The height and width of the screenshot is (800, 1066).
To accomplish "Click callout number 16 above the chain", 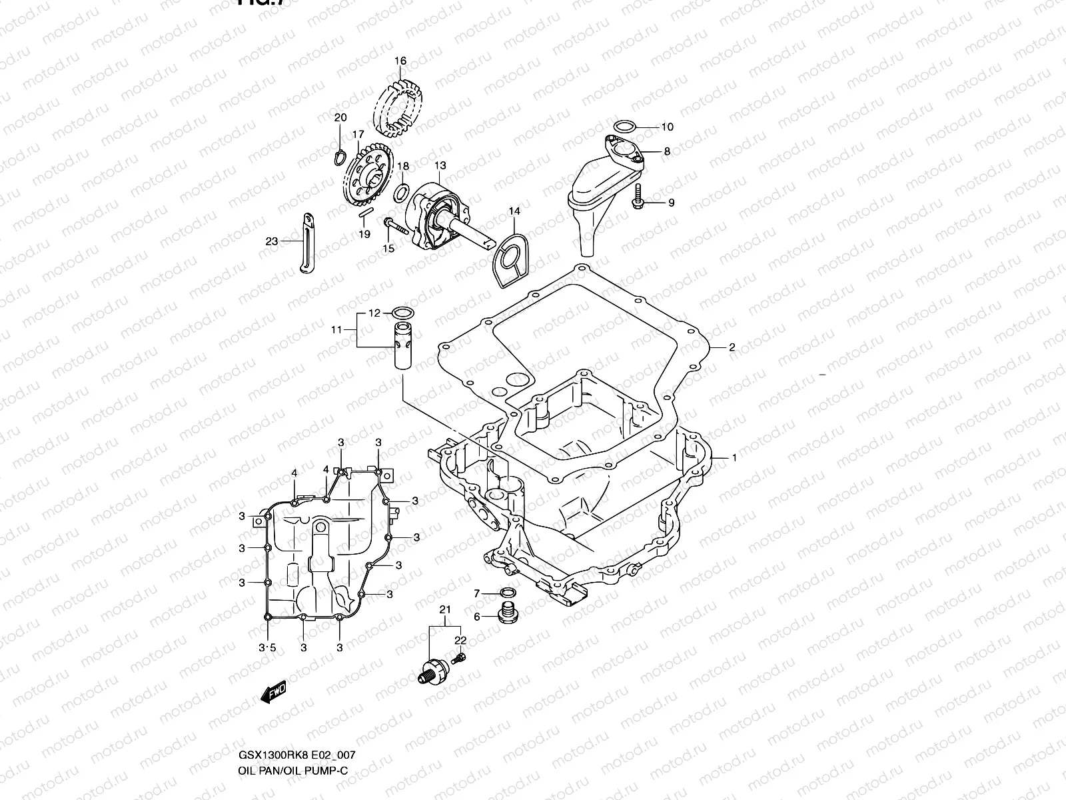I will coord(400,61).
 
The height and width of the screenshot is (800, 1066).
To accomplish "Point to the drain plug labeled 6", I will coord(508,611).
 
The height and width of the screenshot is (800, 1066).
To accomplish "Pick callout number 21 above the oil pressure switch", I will coord(445,609).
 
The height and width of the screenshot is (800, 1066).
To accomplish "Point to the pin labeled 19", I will coord(364,213).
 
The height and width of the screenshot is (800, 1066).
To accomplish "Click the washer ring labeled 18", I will coord(402,193).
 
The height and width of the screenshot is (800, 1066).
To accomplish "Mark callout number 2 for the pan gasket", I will coord(732,347).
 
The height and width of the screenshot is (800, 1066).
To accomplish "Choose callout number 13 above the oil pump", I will coord(440,165).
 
